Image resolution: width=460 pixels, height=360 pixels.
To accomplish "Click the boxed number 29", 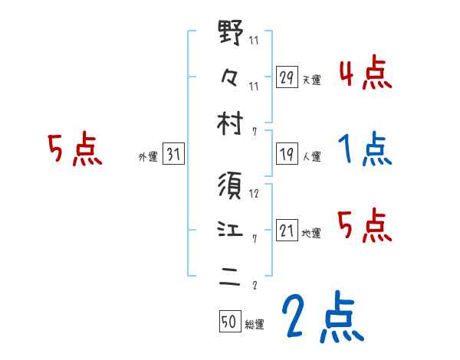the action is [x=287, y=77].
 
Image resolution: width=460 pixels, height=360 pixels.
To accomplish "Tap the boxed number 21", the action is [x=287, y=231].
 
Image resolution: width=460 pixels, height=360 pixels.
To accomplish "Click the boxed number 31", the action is [x=172, y=155].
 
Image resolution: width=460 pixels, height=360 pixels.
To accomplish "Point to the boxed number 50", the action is [x=229, y=322].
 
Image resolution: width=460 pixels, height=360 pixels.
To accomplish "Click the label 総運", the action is [x=254, y=325].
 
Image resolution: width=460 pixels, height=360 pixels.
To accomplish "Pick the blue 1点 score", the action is [x=365, y=149].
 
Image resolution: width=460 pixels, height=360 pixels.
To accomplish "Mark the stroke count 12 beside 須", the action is [x=254, y=193].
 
